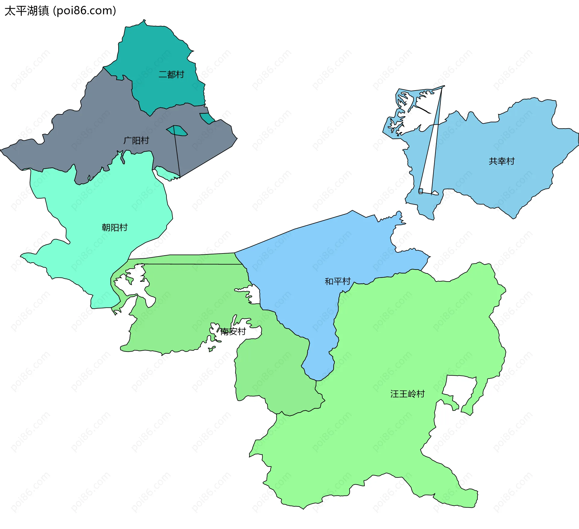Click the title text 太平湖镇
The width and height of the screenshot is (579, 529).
pos(27,11)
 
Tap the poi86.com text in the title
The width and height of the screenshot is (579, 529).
pos(84,11)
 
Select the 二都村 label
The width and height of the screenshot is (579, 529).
pos(171,75)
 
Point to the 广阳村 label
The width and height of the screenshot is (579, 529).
pos(136,141)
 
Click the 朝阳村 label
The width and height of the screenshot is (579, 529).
pos(115,228)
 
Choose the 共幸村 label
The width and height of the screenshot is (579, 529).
pos(501,161)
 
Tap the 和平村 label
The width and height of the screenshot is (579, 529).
pos(337,282)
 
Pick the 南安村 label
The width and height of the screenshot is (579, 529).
pos(233,332)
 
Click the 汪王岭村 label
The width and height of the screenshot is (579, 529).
pos(407,394)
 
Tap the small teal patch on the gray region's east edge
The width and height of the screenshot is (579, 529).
pos(207,118)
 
